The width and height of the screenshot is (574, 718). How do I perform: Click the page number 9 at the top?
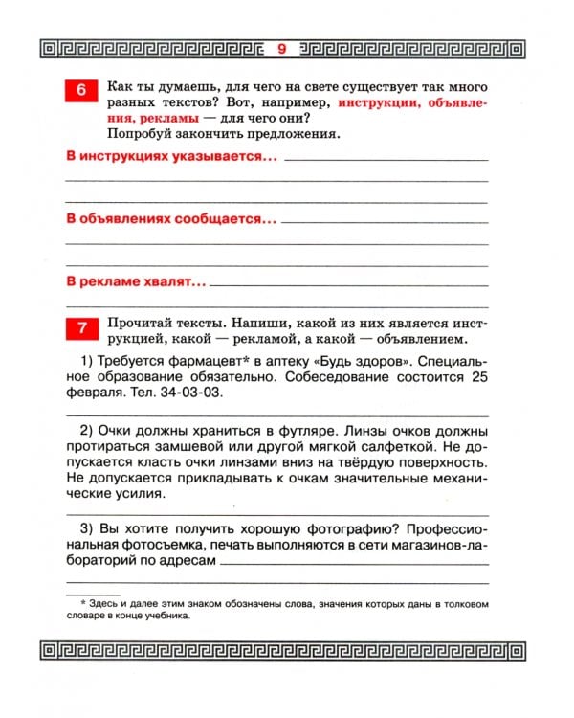coord(280,48)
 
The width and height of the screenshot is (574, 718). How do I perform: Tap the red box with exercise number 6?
coord(81,93)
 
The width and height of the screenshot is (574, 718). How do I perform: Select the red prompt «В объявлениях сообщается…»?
coord(170,219)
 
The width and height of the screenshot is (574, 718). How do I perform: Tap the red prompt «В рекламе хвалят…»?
coord(136,282)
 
